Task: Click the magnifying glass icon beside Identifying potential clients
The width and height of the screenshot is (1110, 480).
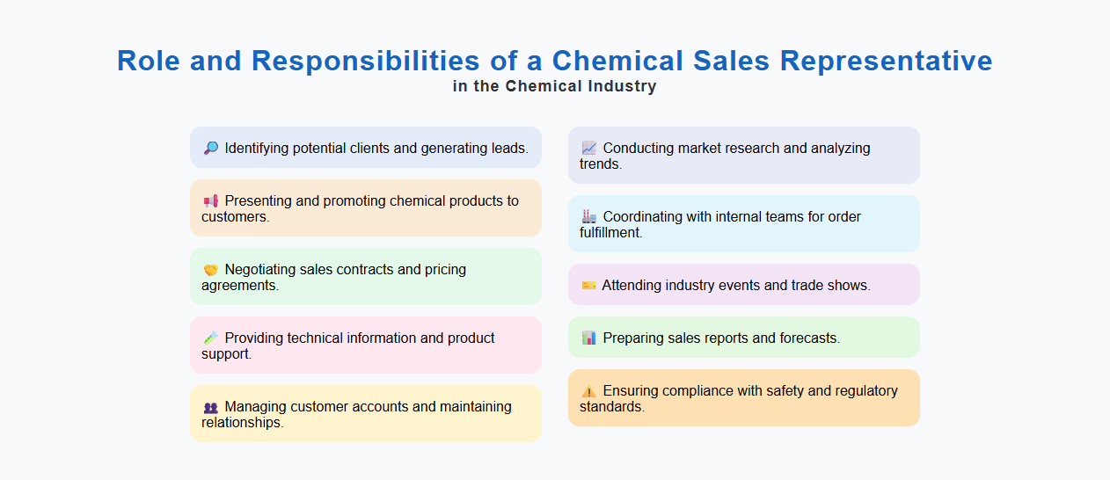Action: (x=211, y=149)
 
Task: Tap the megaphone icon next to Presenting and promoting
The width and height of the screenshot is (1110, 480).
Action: (x=211, y=201)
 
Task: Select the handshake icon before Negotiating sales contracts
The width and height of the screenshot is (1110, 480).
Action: (x=211, y=270)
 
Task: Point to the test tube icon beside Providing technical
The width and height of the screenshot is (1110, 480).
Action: (x=211, y=338)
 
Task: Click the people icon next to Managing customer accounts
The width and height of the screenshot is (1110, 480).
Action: (x=211, y=407)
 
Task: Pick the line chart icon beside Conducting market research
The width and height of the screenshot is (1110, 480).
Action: (x=589, y=149)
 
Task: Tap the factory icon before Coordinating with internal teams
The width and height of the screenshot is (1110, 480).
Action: (x=589, y=217)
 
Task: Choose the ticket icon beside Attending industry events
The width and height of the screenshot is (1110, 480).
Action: (x=588, y=286)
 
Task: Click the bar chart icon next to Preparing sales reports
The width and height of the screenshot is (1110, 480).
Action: (x=589, y=338)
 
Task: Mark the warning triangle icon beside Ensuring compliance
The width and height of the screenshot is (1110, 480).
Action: (x=589, y=391)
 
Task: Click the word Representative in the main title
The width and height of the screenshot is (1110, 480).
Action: (x=886, y=61)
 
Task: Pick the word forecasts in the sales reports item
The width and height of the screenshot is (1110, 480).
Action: (x=809, y=338)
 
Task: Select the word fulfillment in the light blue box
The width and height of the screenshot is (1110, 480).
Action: (x=610, y=233)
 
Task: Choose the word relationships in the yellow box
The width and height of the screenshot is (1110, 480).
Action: (x=242, y=423)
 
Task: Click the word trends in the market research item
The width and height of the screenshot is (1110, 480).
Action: (x=600, y=164)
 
